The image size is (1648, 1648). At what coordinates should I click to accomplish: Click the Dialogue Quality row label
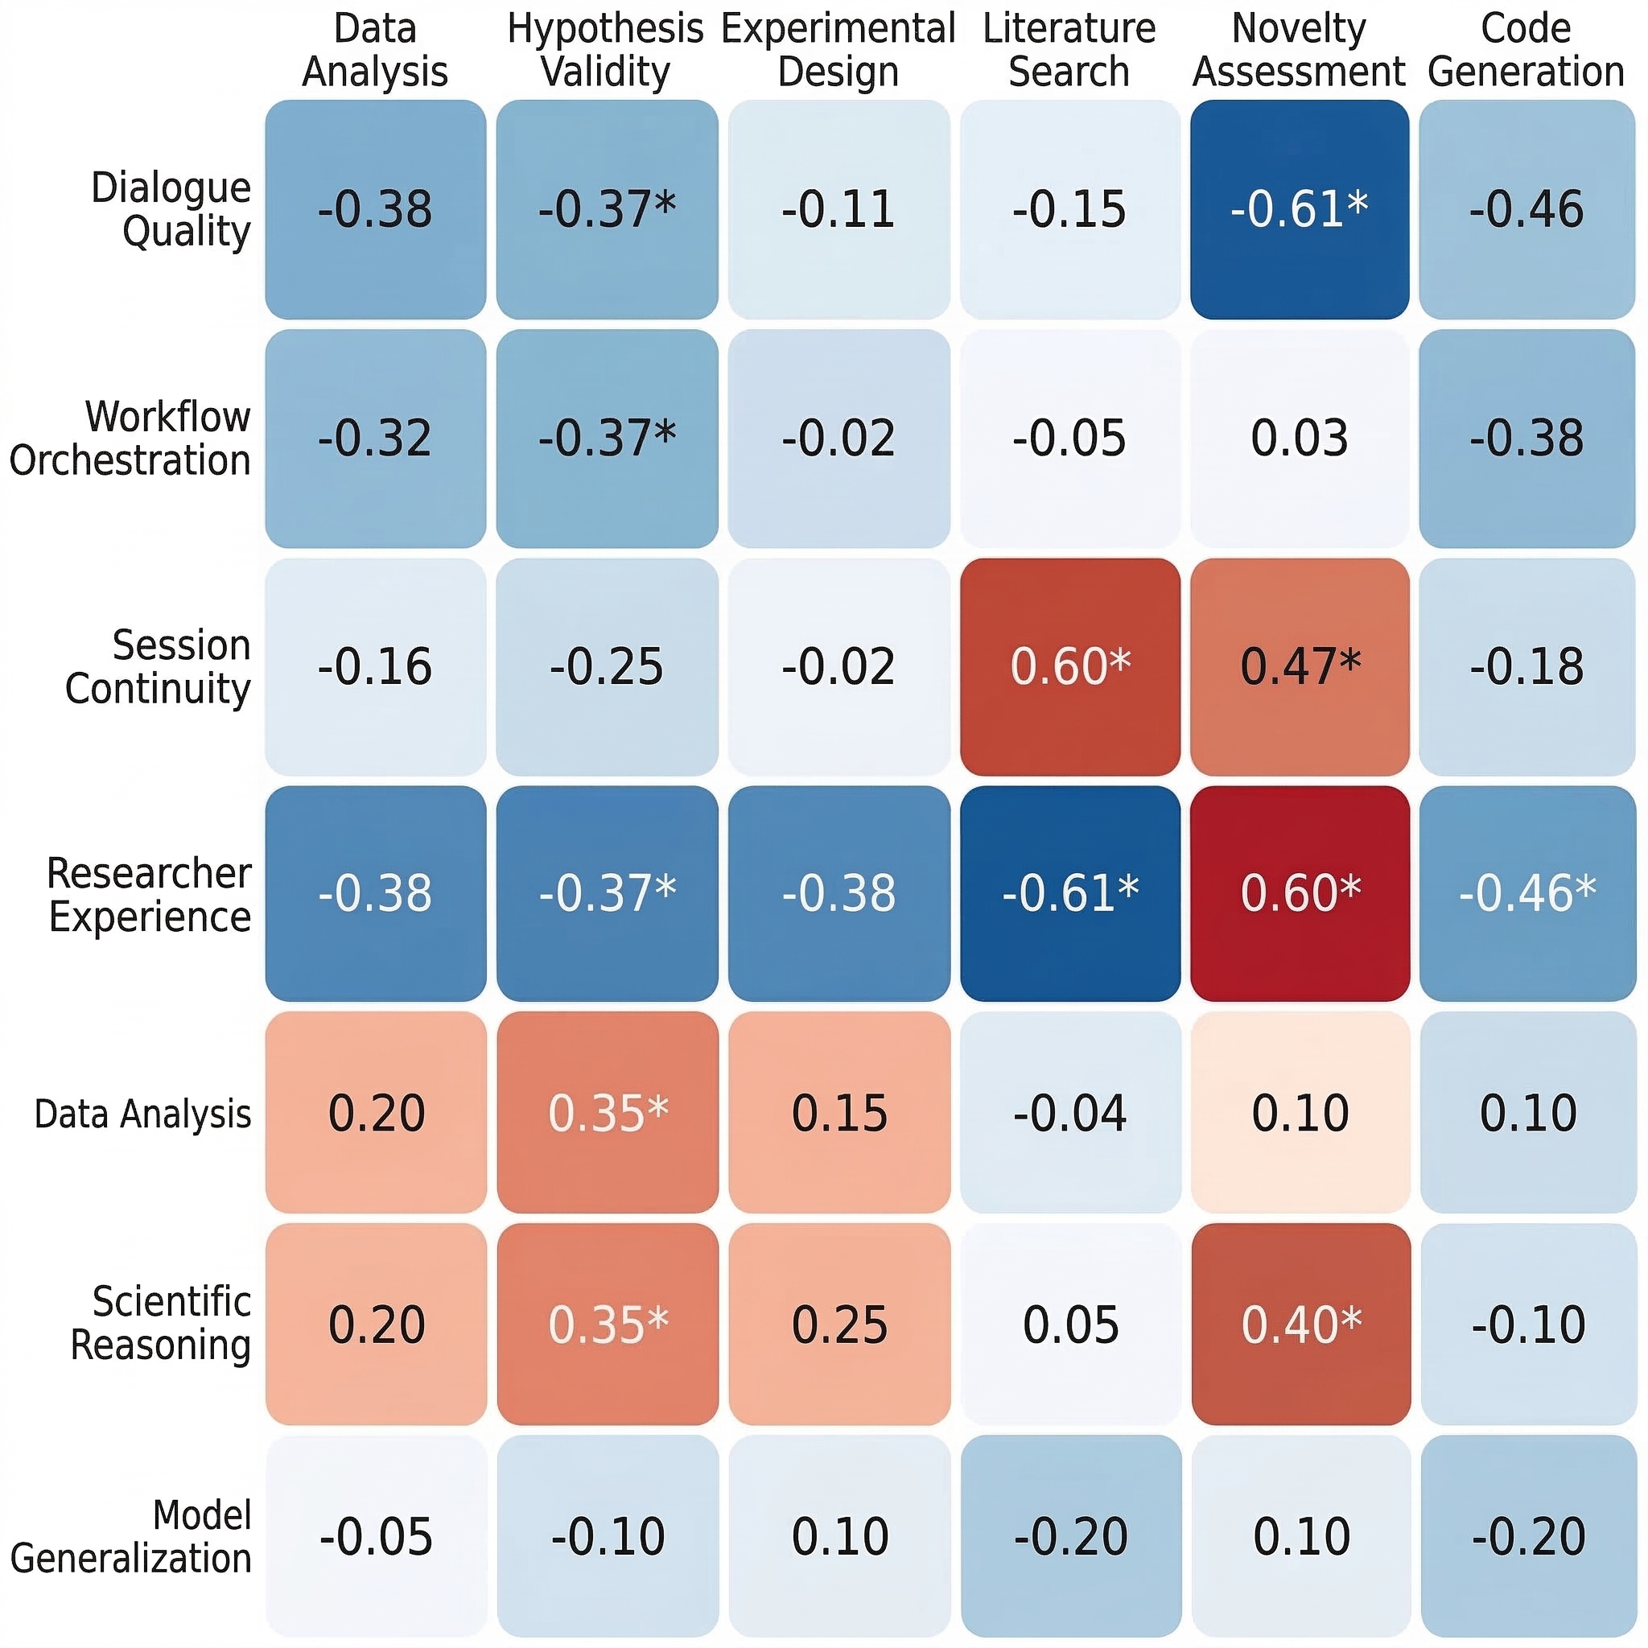point(171,209)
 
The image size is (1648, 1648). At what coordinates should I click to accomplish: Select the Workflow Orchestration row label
point(130,439)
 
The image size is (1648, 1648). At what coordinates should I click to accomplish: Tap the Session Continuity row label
point(158,667)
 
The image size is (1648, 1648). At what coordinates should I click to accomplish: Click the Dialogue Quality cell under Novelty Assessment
point(1299,209)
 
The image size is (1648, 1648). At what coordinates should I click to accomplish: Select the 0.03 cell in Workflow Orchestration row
point(1299,439)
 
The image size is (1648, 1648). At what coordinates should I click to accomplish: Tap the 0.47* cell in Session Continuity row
point(1299,667)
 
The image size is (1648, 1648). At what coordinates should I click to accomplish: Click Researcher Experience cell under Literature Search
point(1069,893)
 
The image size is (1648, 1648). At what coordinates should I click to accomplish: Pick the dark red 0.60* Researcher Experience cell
point(1299,893)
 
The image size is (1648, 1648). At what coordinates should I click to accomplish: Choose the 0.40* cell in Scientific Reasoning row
point(1300,1324)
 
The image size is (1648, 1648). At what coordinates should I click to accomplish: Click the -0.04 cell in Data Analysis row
point(1069,1112)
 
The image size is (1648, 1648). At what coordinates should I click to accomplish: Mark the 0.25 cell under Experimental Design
point(839,1324)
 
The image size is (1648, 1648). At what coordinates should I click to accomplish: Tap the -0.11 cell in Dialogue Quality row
point(838,209)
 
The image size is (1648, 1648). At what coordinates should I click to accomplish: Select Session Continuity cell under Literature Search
point(1069,667)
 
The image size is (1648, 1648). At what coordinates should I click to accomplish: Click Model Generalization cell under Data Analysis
point(375,1536)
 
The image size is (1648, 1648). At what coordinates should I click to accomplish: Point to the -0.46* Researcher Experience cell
point(1526,893)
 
